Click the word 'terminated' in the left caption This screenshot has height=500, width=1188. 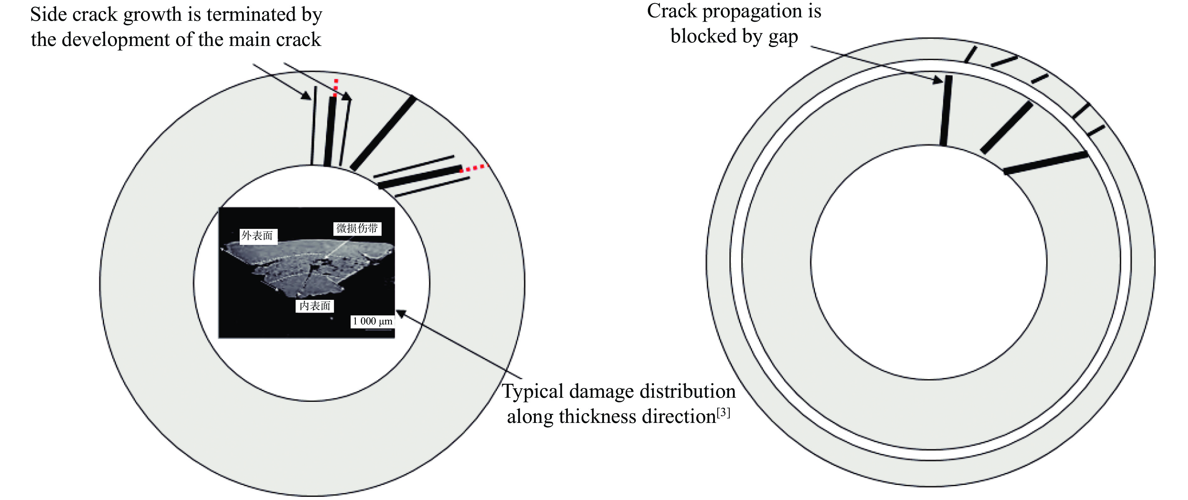pyautogui.click(x=252, y=14)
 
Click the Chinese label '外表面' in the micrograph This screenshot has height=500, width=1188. pyautogui.click(x=257, y=236)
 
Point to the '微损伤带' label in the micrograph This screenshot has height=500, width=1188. pyautogui.click(x=357, y=228)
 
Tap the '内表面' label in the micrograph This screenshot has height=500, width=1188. pyautogui.click(x=315, y=306)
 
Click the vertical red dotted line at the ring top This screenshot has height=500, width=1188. pyautogui.click(x=336, y=88)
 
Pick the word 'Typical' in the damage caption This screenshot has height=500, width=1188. pyautogui.click(x=533, y=391)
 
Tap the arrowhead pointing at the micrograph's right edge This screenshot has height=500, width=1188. pyautogui.click(x=401, y=314)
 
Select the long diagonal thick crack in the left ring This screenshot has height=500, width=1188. pyautogui.click(x=383, y=133)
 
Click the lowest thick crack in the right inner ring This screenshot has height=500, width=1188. pyautogui.click(x=1046, y=162)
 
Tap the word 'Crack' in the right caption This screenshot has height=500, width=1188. pyautogui.click(x=672, y=11)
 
